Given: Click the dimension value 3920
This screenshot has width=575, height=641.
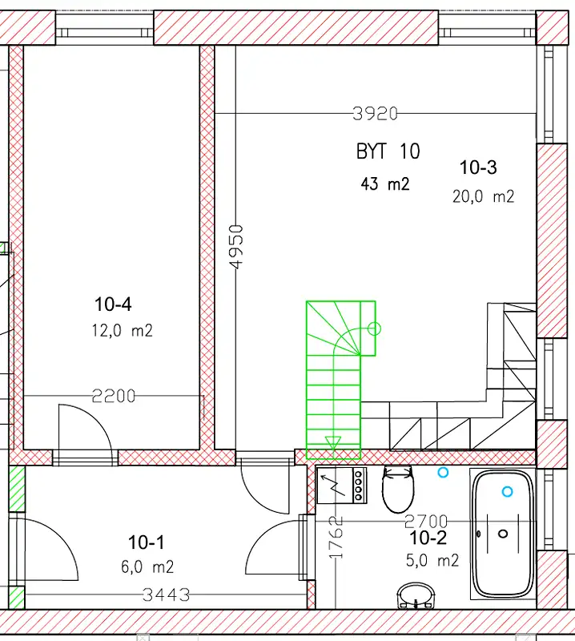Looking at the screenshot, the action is click(375, 114).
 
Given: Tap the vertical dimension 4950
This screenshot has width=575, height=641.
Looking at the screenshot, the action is click(236, 247).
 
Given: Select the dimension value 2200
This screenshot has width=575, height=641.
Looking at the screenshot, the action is click(113, 396).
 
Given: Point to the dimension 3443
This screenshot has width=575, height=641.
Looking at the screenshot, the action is click(166, 595).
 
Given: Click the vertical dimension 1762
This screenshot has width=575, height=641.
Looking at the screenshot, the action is click(336, 537).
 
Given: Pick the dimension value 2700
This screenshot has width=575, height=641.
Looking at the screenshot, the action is click(426, 522).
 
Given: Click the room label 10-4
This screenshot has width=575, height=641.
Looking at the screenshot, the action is click(113, 304).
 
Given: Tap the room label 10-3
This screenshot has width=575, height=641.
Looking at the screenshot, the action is click(478, 167).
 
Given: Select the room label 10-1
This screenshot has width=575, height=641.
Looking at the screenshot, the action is click(146, 542).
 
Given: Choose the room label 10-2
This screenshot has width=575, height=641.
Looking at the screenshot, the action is click(428, 538).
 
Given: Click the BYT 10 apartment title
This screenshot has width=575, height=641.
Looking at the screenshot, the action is click(388, 151).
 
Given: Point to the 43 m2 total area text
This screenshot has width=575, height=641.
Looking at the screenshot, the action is click(385, 184).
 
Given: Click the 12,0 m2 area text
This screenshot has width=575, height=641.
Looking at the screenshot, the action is click(123, 330).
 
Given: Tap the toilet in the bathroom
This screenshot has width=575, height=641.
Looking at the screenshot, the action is click(398, 490).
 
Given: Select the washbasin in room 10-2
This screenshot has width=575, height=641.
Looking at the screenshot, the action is click(416, 595).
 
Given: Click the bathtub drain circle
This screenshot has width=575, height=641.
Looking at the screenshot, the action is click(504, 534).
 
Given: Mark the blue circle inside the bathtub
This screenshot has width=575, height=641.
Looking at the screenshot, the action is click(507, 491).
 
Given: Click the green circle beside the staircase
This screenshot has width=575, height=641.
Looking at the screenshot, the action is click(374, 329).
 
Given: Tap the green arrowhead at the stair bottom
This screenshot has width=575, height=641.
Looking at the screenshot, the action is click(333, 443).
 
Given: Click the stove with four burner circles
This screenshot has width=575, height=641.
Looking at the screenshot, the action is click(342, 486).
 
